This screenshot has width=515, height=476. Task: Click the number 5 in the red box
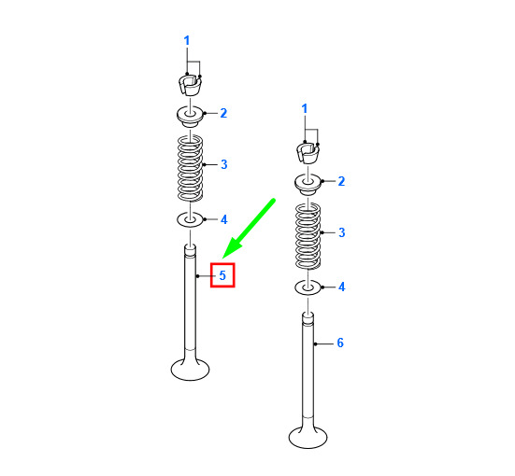coord(222,275)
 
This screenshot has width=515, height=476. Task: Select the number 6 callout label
coord(340,343)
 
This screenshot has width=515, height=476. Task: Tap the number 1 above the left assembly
coord(187,41)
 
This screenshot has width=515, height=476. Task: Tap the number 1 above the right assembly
coord(305,108)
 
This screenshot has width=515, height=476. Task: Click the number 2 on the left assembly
coord(223,113)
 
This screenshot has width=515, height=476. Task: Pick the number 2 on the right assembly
coord(341,181)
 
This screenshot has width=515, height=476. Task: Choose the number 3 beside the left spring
coord(224,164)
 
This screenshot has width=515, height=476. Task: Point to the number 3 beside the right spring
coord(342,232)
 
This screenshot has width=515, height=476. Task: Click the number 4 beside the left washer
coord(224,219)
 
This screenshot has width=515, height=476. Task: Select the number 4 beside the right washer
coord(342,287)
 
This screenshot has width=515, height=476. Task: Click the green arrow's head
coord(232,248)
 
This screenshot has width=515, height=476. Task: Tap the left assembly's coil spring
coord(190,168)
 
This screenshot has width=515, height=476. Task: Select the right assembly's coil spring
coord(308,236)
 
